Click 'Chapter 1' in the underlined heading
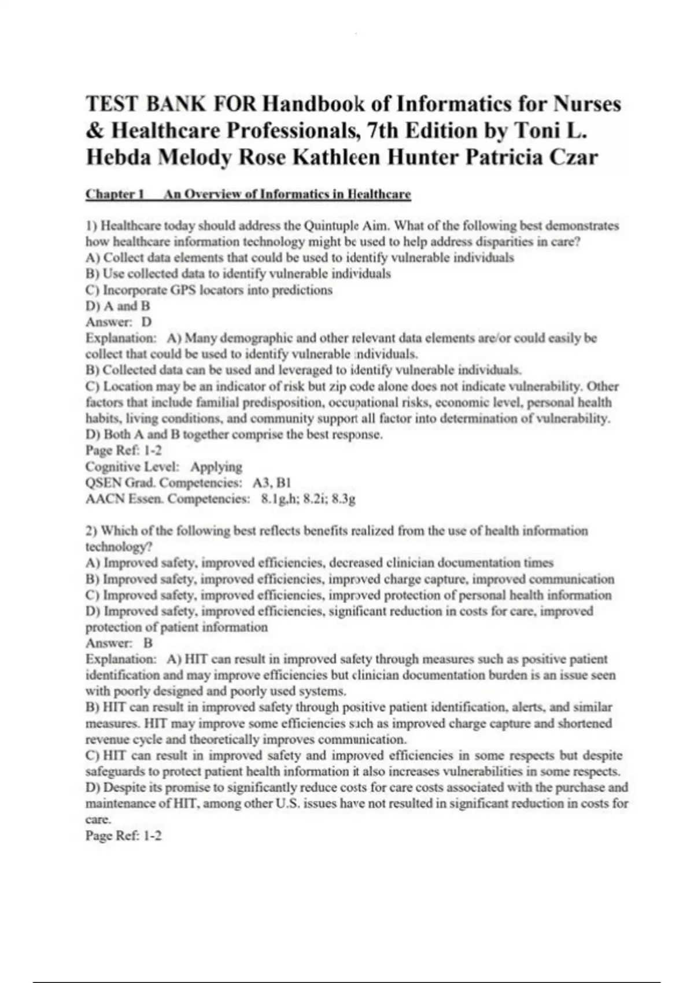[115, 194]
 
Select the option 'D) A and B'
[118, 306]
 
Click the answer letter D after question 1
[147, 322]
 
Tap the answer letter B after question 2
[148, 643]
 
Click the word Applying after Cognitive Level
[216, 467]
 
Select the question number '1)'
[91, 226]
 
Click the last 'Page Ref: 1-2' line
[124, 836]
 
